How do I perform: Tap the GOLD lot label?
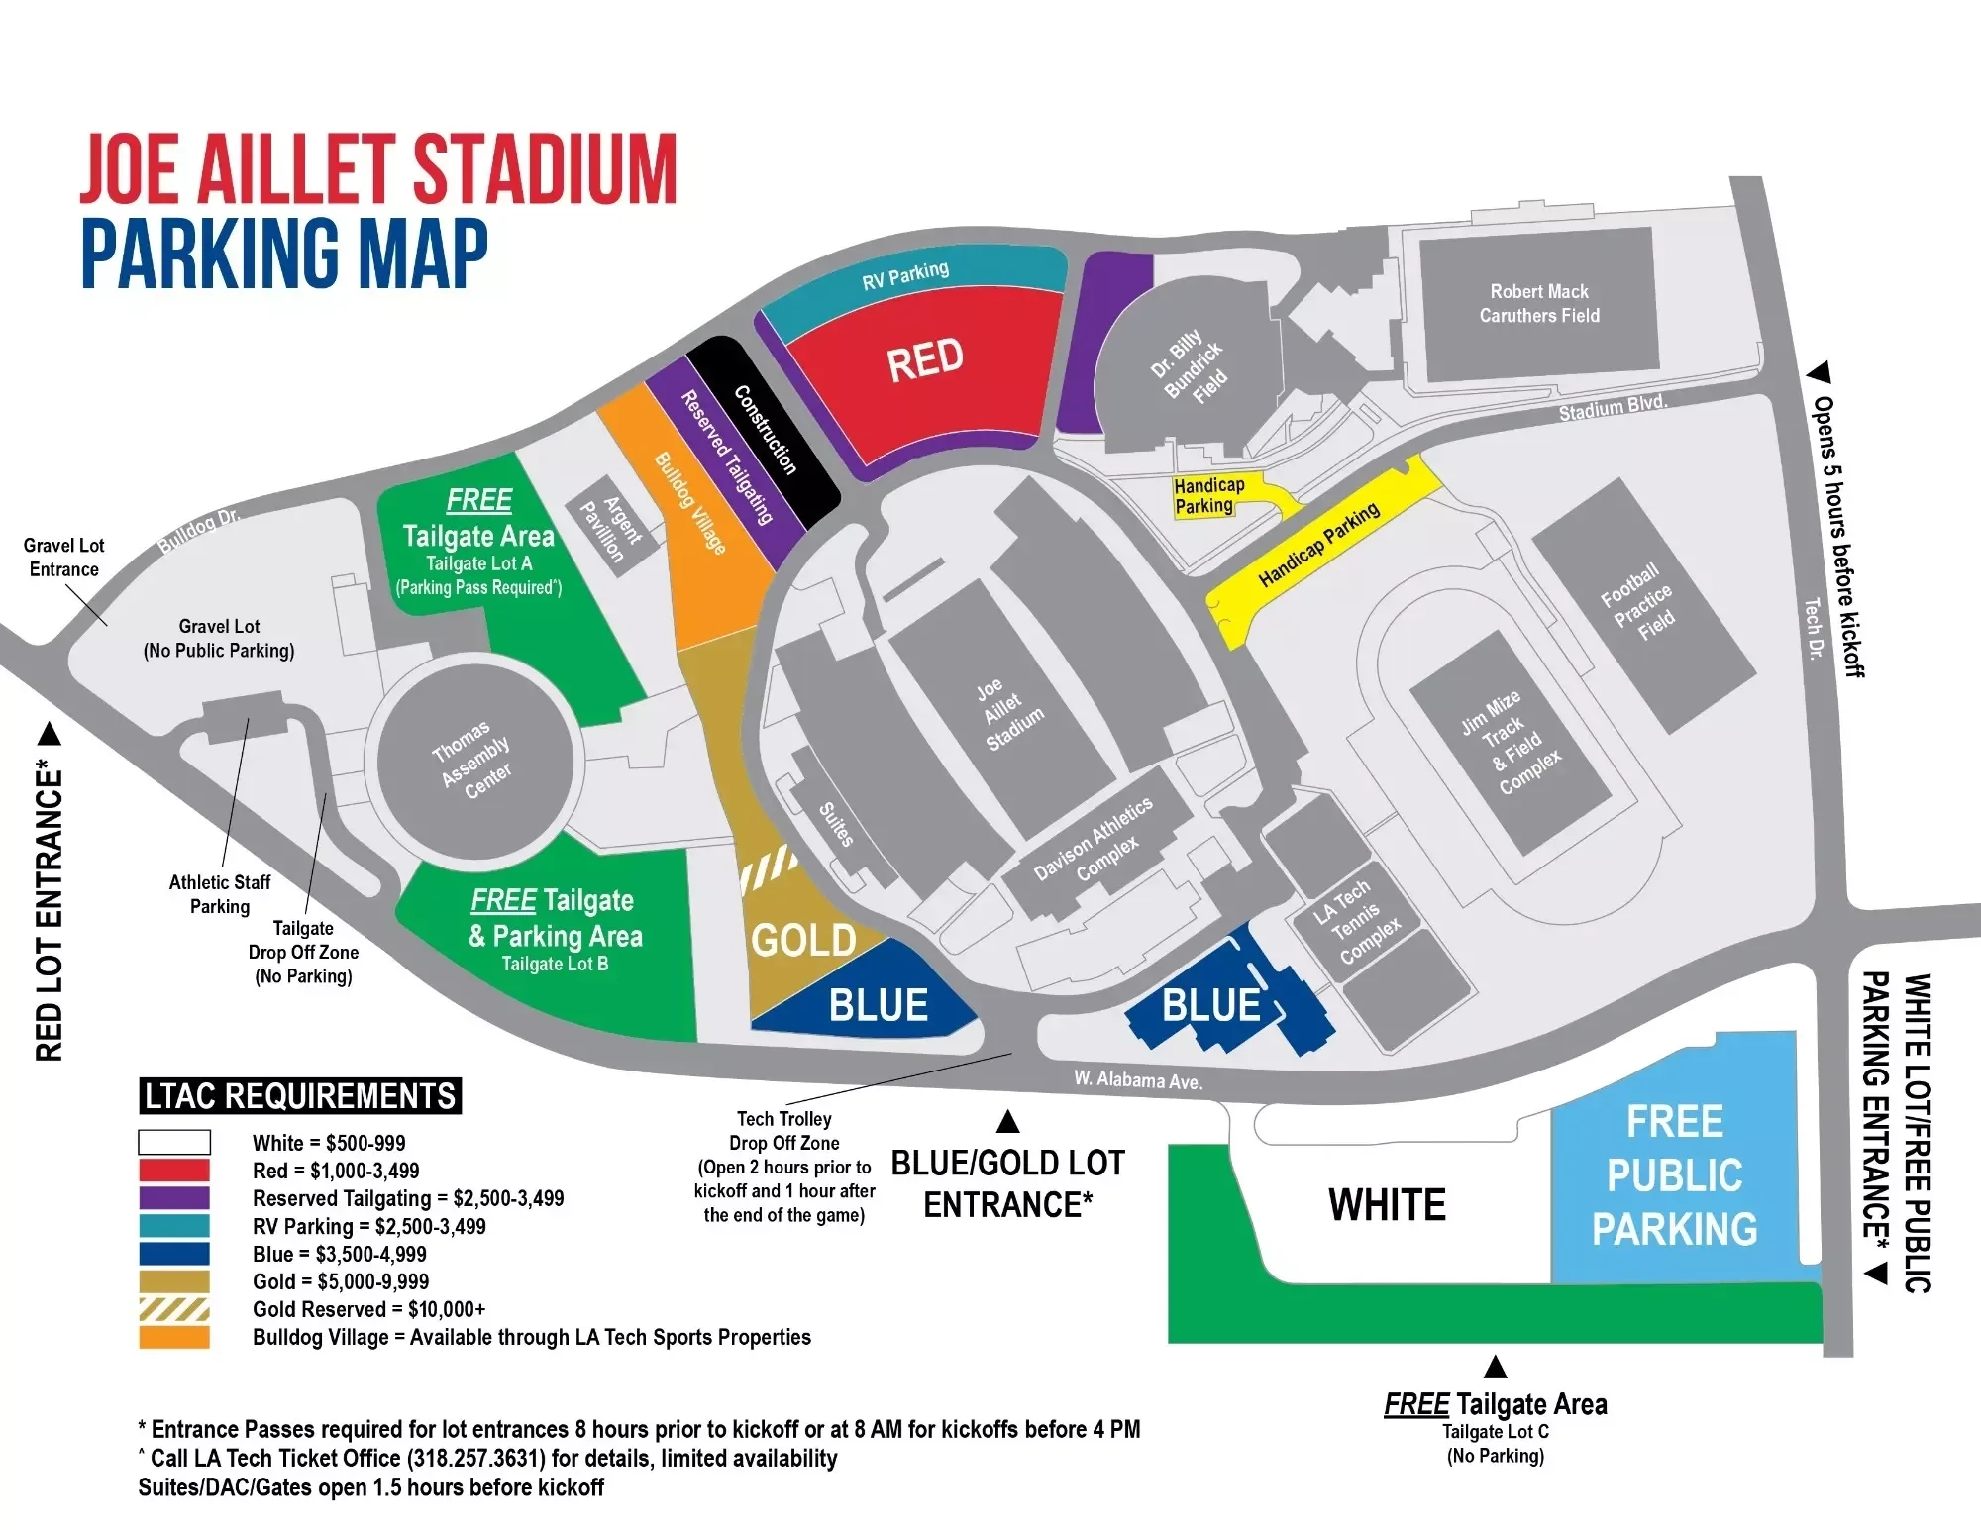[803, 941]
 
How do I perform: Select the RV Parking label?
[905, 275]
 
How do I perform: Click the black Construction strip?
[765, 430]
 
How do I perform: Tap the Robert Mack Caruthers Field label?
[1539, 303]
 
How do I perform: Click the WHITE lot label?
[1387, 1205]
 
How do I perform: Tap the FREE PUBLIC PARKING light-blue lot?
[1674, 1176]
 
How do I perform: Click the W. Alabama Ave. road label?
[1138, 1079]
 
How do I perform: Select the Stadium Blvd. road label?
[1613, 407]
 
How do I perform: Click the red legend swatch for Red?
[174, 1171]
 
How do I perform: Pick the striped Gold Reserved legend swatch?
[174, 1309]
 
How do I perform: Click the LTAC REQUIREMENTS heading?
[300, 1096]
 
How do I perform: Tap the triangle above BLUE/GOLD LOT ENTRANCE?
[1008, 1122]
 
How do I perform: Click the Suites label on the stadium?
[836, 824]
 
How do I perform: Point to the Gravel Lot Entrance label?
[63, 558]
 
